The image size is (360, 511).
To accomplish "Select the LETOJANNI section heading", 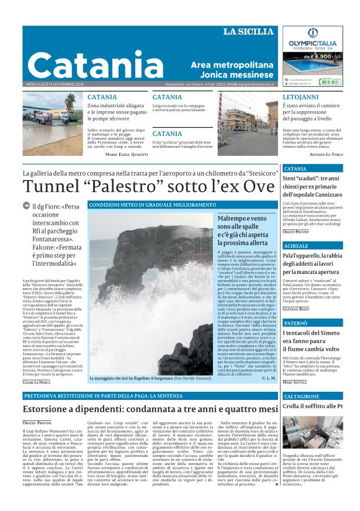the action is coord(301,98).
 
